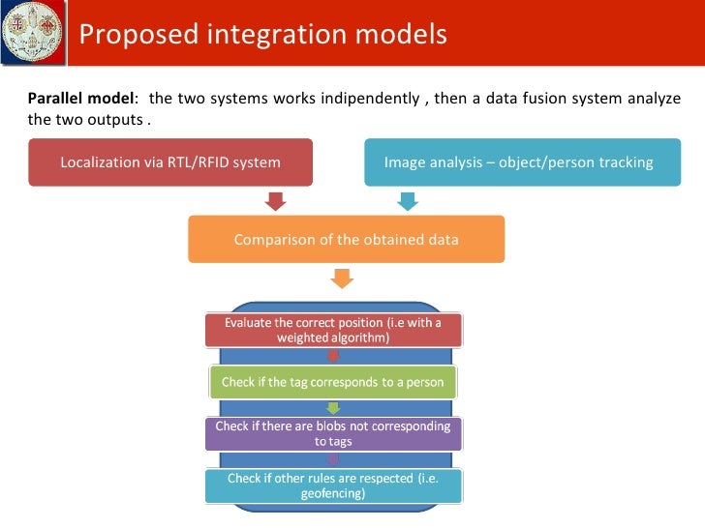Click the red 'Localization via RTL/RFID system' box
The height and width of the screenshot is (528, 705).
click(x=170, y=161)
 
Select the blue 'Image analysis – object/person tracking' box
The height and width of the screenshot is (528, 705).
click(x=518, y=161)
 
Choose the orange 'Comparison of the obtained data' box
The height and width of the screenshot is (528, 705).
click(x=346, y=239)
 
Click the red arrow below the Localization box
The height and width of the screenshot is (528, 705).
click(x=276, y=201)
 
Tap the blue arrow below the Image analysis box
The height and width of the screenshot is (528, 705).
click(x=408, y=201)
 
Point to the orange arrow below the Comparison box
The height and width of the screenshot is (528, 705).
click(x=342, y=278)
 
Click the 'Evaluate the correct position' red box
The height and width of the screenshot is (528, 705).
click(x=333, y=330)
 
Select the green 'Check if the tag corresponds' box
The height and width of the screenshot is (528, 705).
click(x=333, y=382)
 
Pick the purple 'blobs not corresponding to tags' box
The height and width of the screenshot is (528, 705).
click(x=333, y=433)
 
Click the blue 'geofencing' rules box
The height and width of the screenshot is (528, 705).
click(x=333, y=485)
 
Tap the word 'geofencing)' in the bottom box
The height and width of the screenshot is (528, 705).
click(x=333, y=493)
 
